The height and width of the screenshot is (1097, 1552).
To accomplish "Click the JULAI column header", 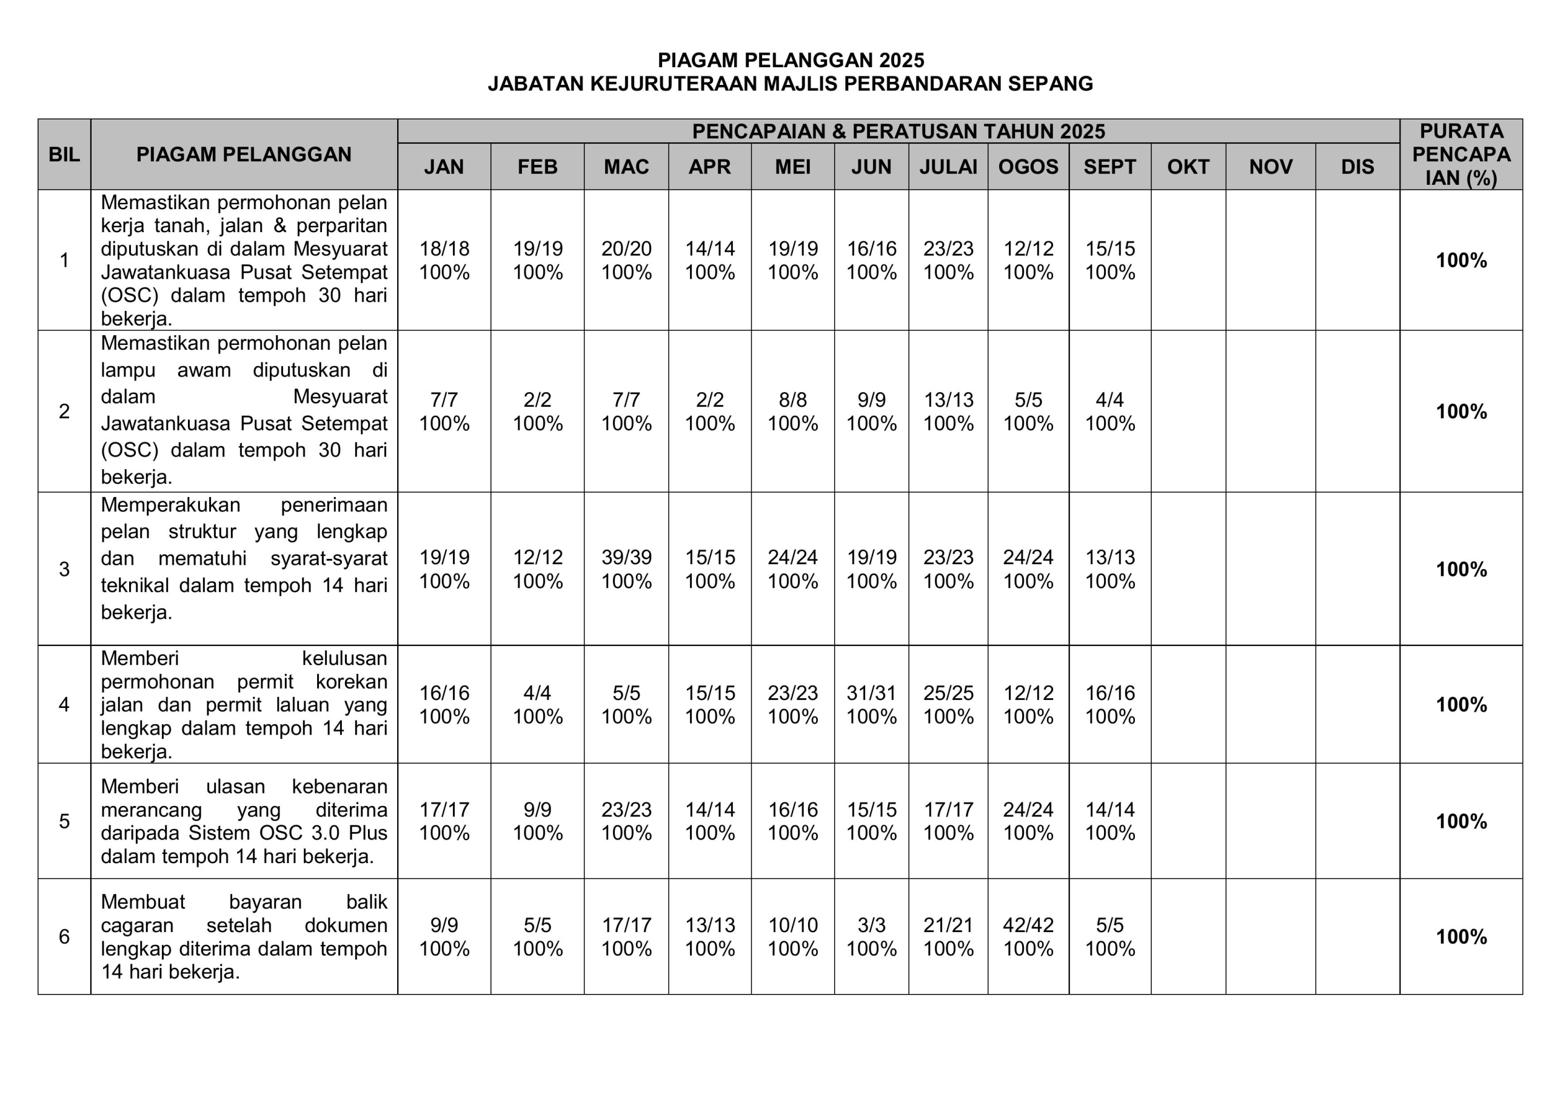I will tap(948, 167).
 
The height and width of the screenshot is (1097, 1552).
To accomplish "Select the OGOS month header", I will tap(1028, 167).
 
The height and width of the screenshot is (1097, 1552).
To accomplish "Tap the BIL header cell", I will tap(64, 155).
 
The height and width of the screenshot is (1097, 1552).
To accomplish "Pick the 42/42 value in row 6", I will tap(1028, 925).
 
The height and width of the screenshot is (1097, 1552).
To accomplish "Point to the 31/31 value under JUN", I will tap(871, 693).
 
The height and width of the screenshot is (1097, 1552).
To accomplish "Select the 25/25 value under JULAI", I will tap(948, 693).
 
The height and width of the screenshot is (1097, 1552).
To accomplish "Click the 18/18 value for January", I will tap(444, 248).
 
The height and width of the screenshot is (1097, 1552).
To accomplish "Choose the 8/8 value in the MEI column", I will tap(792, 400).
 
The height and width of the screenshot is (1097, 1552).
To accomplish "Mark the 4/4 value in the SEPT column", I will tap(1109, 400).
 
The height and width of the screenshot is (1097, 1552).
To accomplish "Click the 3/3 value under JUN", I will tap(871, 925).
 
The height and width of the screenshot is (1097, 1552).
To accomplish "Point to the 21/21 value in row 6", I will tap(948, 925).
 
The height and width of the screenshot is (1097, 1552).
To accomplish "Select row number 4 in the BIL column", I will tap(64, 705).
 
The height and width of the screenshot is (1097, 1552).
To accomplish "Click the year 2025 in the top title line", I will tap(901, 61).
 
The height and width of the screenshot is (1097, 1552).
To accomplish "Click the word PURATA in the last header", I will tap(1460, 131).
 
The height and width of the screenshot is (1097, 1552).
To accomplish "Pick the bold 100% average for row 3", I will tap(1460, 570).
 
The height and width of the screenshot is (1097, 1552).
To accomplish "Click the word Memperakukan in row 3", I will tap(170, 505).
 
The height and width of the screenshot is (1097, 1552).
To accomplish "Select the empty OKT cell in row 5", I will tap(1188, 821).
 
